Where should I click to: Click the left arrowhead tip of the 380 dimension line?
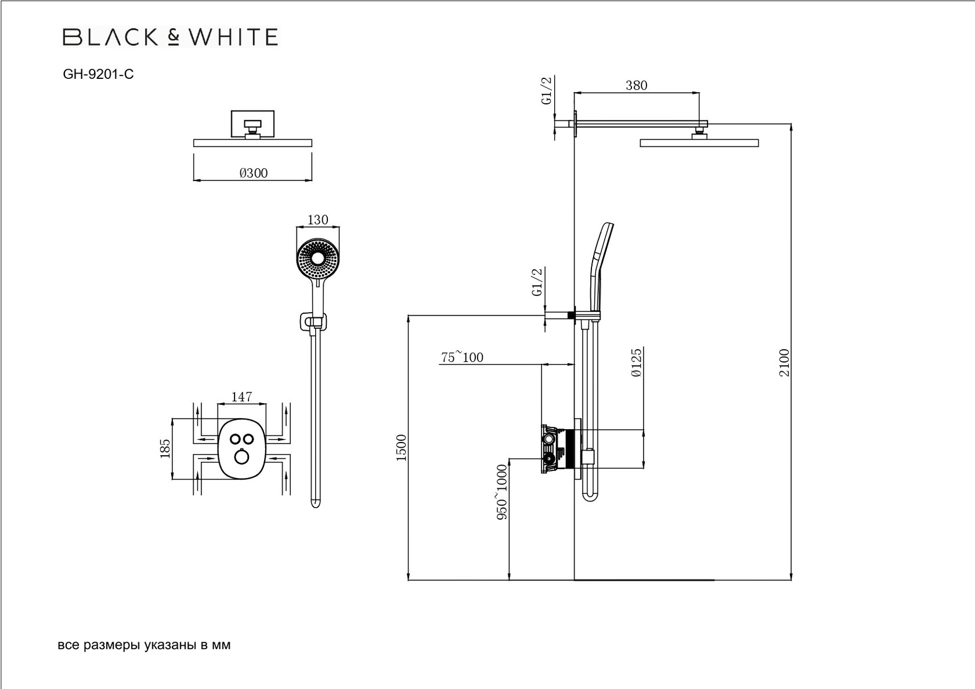pos(574,92)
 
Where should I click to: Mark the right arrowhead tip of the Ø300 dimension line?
pos(312,179)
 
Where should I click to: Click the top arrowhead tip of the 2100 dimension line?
pos(791,124)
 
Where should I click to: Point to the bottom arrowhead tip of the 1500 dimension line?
pos(409,580)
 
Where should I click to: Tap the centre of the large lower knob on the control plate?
pos(241,458)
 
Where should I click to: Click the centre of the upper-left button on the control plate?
pos(235,438)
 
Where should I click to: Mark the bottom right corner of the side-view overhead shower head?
pos(759,147)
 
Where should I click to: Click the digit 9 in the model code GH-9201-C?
pos(92,74)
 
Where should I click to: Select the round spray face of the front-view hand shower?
pos(318,260)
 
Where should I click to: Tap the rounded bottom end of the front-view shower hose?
pos(316,504)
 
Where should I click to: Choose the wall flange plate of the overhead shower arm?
pos(576,124)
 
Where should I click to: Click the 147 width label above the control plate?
pos(241,397)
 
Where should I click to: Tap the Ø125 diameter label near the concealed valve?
pos(636,362)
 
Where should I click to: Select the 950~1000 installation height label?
pos(502,492)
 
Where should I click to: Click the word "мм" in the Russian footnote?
pos(221,646)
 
